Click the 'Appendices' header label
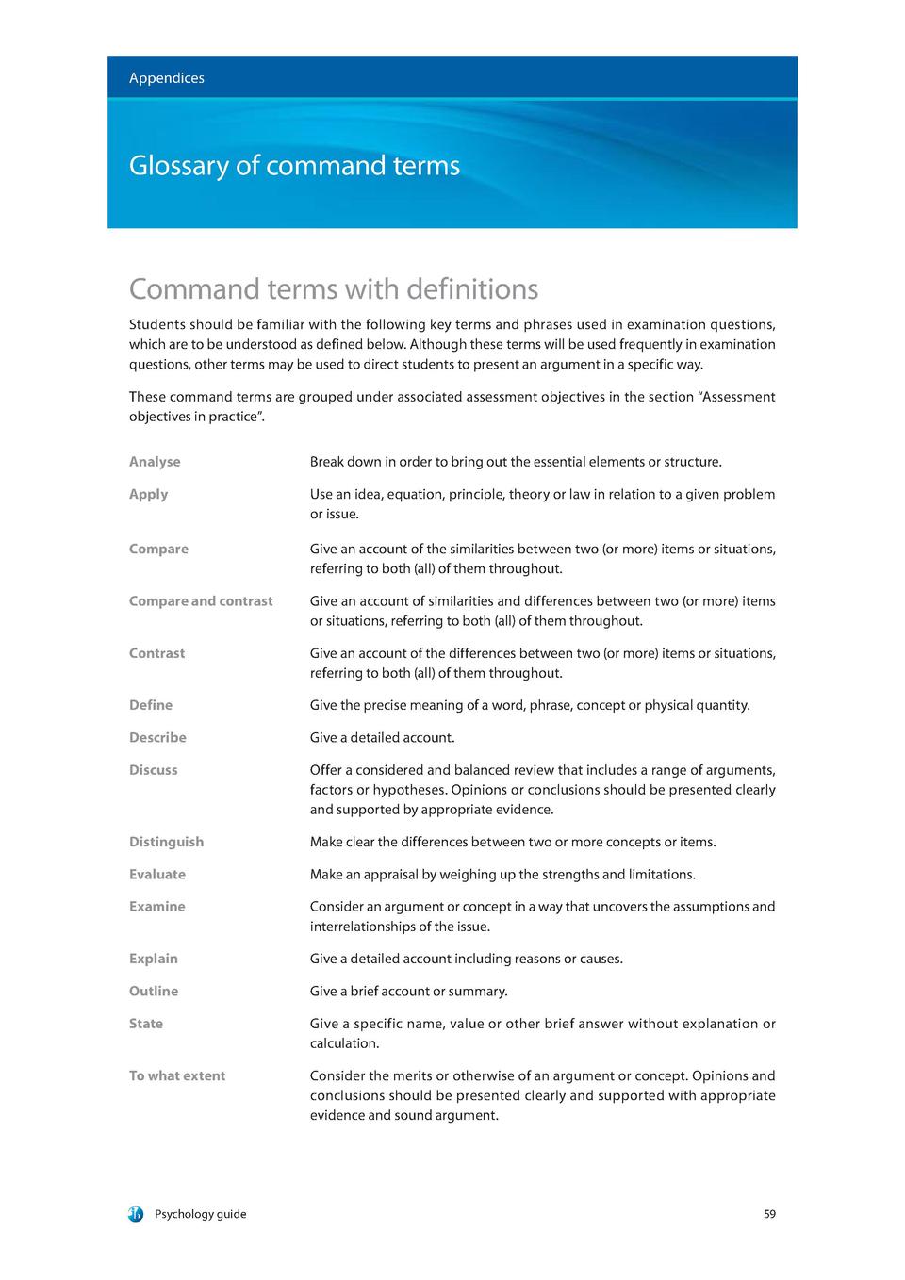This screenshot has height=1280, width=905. coord(166,78)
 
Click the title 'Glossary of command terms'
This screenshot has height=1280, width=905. coord(294,166)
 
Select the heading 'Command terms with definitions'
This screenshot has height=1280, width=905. coord(334,288)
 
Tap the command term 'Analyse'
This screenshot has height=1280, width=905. coord(155,462)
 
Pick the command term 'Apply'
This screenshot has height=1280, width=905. coord(148,494)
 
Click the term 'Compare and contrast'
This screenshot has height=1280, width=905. coord(201,601)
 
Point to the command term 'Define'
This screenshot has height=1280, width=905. coord(151,705)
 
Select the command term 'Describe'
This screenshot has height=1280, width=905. coord(157,738)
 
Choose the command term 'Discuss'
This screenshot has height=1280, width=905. coord(153,770)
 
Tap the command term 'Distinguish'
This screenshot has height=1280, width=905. coord(166,842)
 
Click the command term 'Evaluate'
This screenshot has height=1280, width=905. coord(157,875)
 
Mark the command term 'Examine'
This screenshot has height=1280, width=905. coord(156,907)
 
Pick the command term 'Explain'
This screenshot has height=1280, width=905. coord(153,959)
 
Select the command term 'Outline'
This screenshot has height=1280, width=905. coord(154,992)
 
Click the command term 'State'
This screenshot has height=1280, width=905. coord(146,1024)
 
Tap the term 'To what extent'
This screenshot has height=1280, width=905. coord(177,1076)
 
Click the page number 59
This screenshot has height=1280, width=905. coord(769,1214)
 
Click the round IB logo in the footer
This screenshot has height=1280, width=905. coord(136,1214)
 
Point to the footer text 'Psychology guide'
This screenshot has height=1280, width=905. coord(200,1214)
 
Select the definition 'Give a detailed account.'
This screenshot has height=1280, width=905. coord(382,738)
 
